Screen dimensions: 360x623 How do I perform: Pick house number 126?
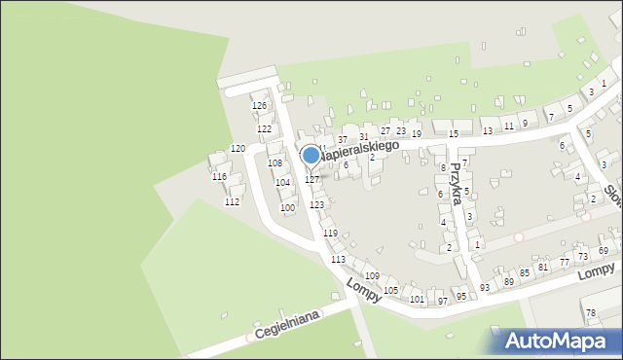259,105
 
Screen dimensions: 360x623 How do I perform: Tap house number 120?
238,148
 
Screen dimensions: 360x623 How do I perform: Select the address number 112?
232,202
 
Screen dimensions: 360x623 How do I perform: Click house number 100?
287,207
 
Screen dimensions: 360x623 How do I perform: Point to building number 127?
311,180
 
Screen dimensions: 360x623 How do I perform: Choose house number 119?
330,234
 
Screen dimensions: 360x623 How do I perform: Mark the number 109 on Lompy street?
372,276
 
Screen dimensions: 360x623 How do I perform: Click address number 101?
417,299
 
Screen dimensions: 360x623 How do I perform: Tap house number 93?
485,287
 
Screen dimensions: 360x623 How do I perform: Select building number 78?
591,311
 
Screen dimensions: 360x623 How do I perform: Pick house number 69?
603,251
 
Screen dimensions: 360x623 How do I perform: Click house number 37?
343,140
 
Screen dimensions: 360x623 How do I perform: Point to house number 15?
453,132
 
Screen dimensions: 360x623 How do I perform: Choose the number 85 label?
524,273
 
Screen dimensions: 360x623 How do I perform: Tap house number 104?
282,182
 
